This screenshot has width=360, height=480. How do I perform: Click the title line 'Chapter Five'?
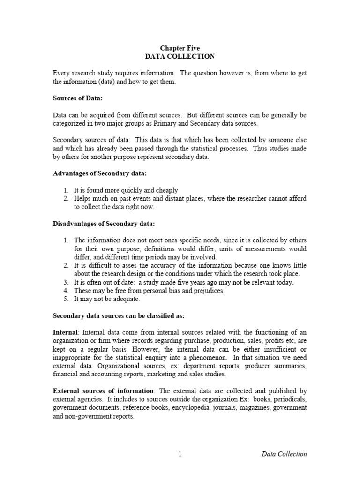[x=180, y=48]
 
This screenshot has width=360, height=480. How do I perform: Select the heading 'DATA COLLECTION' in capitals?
[x=180, y=56]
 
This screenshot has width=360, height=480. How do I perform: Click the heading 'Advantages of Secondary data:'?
[x=99, y=173]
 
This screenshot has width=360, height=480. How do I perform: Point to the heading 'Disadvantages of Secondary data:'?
[x=104, y=223]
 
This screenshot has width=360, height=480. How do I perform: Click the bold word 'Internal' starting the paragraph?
[x=66, y=332]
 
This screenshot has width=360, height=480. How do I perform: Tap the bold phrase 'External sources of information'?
[x=103, y=390]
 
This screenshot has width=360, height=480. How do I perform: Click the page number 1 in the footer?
[x=180, y=454]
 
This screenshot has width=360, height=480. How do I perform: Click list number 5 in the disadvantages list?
[x=66, y=299]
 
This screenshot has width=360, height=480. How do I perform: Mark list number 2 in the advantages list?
[x=66, y=199]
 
